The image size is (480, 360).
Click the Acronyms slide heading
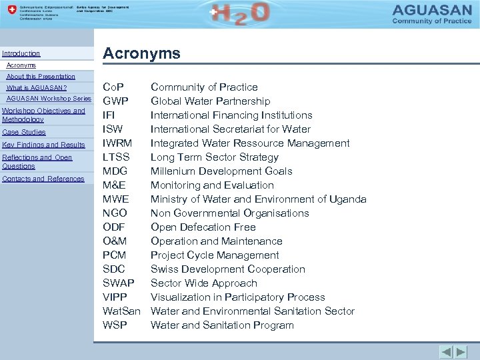coord(141,54)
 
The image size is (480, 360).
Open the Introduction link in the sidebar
coord(21,53)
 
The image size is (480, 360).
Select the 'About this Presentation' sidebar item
coord(41,77)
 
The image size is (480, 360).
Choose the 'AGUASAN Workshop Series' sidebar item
coord(49,99)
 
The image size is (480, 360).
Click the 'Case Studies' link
coord(24,132)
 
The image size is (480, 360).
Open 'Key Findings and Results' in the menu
coord(44,145)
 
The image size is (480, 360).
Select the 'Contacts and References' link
coord(43,179)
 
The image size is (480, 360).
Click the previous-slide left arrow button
coord(446,351)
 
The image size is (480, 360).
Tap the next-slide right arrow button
coord(461,351)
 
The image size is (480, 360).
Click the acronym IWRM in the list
coord(117,143)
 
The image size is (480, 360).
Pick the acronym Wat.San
coord(121,311)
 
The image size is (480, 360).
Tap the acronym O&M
coord(115,241)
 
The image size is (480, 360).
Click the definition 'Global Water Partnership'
coord(210,101)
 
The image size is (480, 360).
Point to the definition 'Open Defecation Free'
coord(203,227)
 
